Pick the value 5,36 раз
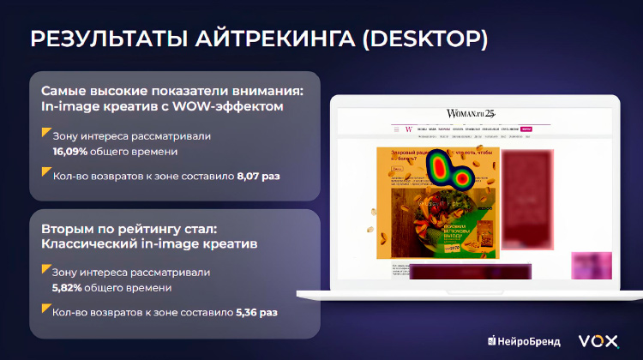tap(256, 312)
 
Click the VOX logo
tap(598, 340)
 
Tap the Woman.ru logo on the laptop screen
tap(470, 113)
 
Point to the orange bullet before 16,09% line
tap(45, 133)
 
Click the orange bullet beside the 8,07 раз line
tap(45, 172)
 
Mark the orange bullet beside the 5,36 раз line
tap(45, 309)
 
